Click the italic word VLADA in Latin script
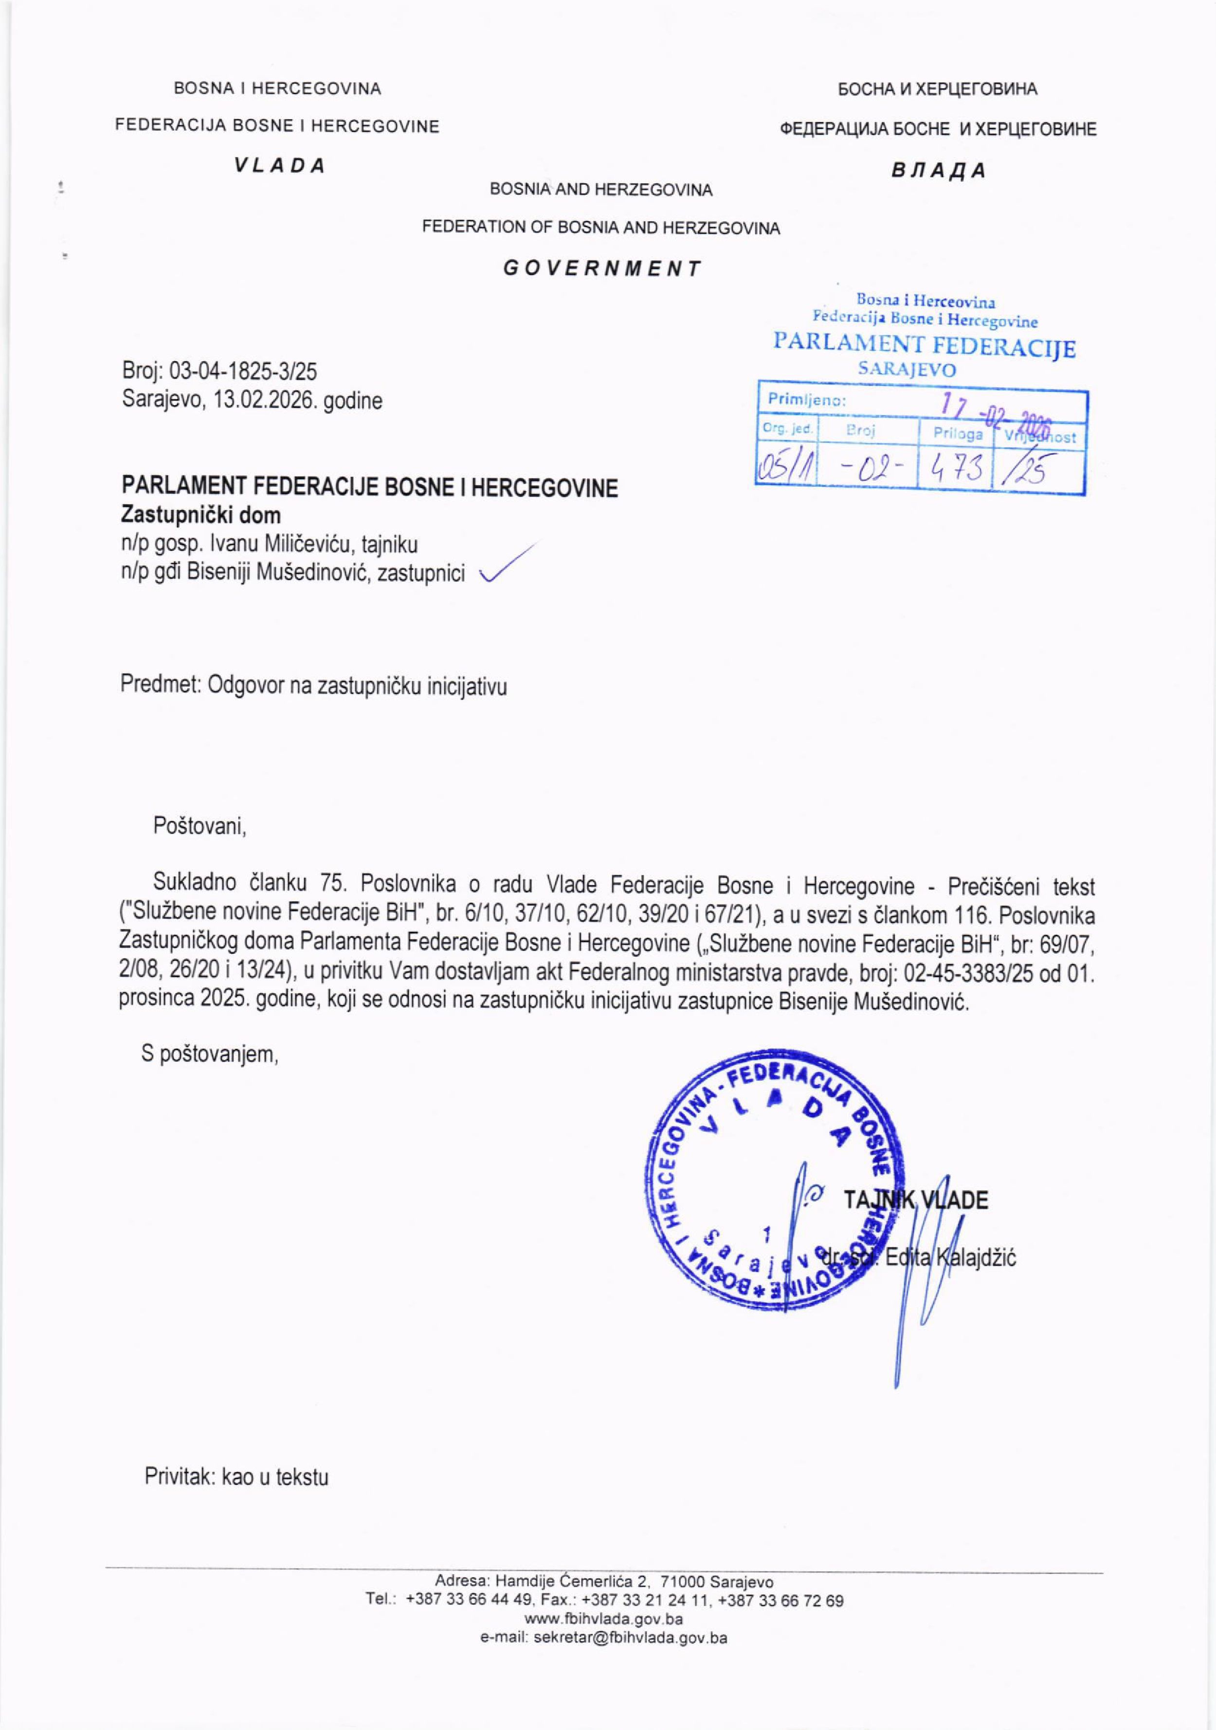(x=279, y=166)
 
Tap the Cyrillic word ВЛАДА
(x=938, y=170)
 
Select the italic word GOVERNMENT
(x=602, y=268)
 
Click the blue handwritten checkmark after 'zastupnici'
(x=510, y=563)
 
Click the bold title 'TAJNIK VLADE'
(x=915, y=1200)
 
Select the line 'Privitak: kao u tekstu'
(x=236, y=1477)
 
